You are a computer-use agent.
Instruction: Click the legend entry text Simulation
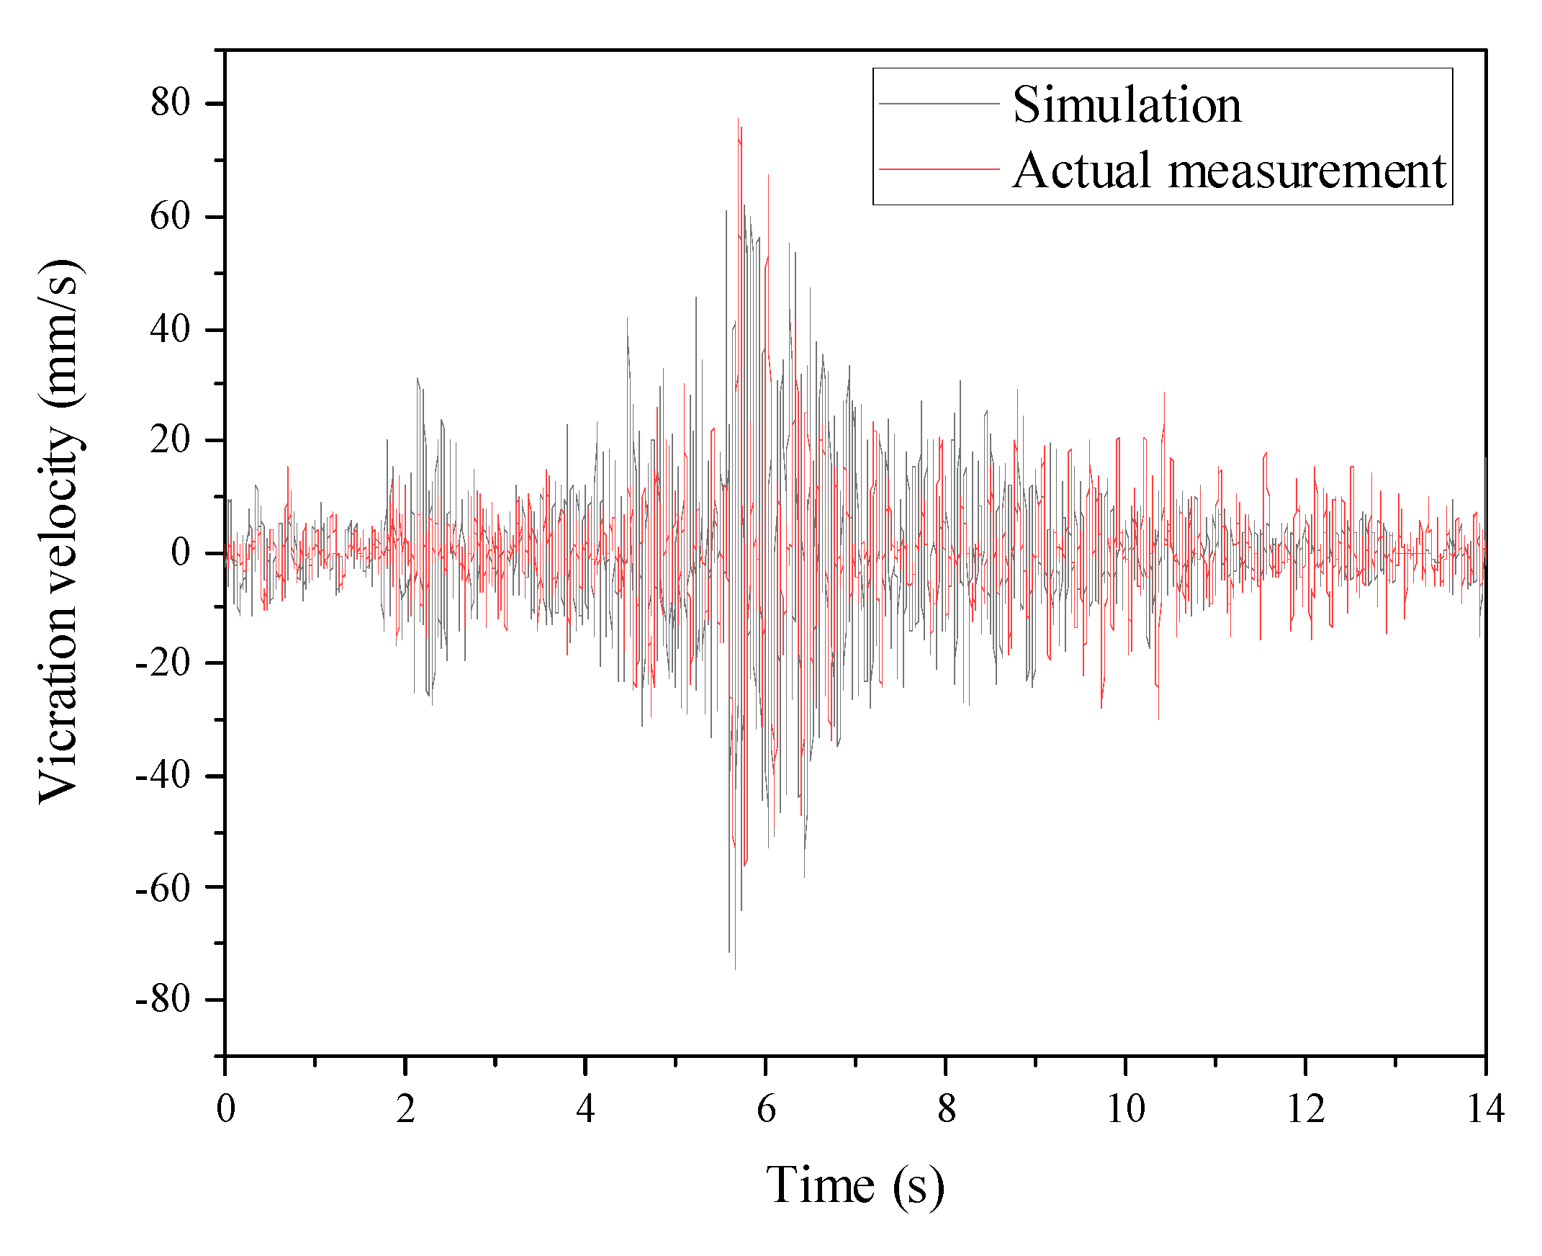point(1126,105)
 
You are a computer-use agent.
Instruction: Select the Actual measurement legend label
point(1228,171)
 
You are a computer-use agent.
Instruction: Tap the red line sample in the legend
point(938,169)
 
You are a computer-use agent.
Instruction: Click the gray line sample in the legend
point(938,104)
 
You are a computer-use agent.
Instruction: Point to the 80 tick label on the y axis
point(170,103)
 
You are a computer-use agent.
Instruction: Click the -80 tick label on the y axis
point(163,1000)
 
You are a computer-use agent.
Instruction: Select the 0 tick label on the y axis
point(180,553)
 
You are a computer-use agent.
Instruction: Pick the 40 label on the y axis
point(170,330)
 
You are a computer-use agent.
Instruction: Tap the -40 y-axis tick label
point(163,776)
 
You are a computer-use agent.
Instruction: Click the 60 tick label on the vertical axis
point(170,217)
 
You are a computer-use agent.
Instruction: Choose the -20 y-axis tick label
point(163,663)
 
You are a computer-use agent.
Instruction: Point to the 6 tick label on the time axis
point(766,1109)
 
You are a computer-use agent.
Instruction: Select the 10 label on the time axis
point(1126,1109)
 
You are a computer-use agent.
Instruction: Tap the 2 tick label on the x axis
point(406,1109)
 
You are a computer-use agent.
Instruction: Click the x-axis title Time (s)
point(855,1185)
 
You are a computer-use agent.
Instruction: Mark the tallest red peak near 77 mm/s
point(738,120)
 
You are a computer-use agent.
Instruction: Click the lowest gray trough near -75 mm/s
point(735,968)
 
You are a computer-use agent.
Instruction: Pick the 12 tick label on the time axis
point(1305,1109)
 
